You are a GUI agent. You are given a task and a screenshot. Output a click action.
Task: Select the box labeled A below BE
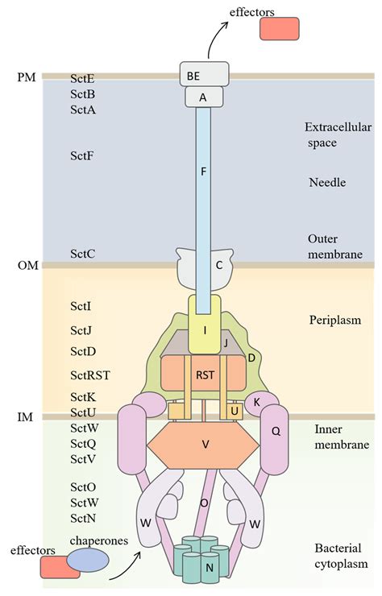(x=203, y=97)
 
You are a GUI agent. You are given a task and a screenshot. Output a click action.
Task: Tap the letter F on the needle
(x=203, y=171)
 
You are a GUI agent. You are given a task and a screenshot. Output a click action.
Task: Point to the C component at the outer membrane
(x=218, y=263)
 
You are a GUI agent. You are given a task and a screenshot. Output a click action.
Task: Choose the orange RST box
(x=204, y=375)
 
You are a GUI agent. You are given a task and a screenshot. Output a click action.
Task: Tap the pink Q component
(x=275, y=431)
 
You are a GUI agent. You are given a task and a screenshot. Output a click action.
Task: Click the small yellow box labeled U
(x=235, y=411)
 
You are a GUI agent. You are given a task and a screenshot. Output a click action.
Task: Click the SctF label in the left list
(x=83, y=155)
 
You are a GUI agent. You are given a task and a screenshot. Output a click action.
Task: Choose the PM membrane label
(x=26, y=77)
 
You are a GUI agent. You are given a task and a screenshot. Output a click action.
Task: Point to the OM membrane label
(x=27, y=265)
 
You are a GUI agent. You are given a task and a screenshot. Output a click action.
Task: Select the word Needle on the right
(x=327, y=183)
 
